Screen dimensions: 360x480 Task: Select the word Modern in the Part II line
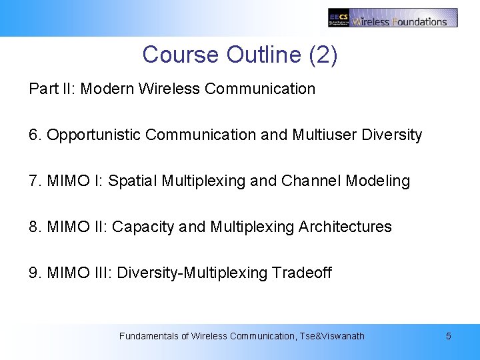[x=108, y=89]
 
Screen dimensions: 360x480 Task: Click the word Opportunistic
[x=94, y=135]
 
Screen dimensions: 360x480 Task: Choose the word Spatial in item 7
[x=131, y=181]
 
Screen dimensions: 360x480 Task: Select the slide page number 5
[x=448, y=336]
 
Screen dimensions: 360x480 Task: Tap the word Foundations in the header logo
[x=420, y=21]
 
